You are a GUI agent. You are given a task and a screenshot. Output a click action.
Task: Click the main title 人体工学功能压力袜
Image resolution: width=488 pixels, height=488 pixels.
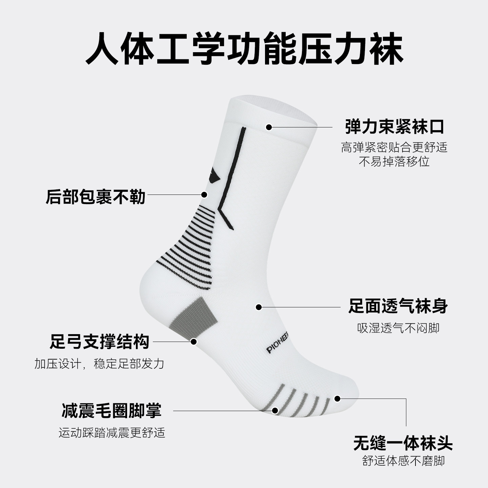(244, 48)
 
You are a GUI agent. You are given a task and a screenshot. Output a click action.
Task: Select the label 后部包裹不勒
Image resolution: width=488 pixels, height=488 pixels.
(96, 197)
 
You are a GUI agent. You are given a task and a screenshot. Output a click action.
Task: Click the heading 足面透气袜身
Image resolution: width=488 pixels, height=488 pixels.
(398, 306)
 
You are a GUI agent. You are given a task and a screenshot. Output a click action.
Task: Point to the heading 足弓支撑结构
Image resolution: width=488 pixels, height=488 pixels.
(99, 342)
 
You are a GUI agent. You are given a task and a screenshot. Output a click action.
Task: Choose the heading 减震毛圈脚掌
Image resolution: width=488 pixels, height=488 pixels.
(111, 410)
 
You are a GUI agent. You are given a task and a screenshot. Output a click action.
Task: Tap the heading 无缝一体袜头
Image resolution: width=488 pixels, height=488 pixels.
(403, 443)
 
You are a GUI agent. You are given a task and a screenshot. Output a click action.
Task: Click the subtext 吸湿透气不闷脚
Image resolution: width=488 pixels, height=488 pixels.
(398, 328)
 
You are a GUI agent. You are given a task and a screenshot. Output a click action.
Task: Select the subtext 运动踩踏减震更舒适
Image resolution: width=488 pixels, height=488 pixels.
(112, 433)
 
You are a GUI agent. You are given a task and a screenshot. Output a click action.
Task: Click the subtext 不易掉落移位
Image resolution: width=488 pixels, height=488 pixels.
(394, 162)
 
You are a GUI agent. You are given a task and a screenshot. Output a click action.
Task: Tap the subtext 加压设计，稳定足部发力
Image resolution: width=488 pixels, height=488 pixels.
(99, 364)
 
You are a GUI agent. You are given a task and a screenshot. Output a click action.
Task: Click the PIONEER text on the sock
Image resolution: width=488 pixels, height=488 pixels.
(277, 345)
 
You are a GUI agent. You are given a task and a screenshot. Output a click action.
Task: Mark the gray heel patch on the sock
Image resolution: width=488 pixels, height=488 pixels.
(196, 315)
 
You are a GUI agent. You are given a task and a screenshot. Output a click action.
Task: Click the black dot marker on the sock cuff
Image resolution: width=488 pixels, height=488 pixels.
(269, 127)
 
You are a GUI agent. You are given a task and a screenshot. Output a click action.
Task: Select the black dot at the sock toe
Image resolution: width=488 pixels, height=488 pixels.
(337, 399)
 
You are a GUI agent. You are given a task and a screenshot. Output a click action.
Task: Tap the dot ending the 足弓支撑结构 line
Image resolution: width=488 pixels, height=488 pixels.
(194, 342)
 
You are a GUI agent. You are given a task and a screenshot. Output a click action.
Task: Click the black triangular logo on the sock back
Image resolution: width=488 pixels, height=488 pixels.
(214, 176)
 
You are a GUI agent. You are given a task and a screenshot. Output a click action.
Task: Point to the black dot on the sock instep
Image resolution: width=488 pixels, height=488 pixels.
(259, 307)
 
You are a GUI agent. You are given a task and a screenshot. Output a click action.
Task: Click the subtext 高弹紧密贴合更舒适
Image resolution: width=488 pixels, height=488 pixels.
(394, 147)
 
